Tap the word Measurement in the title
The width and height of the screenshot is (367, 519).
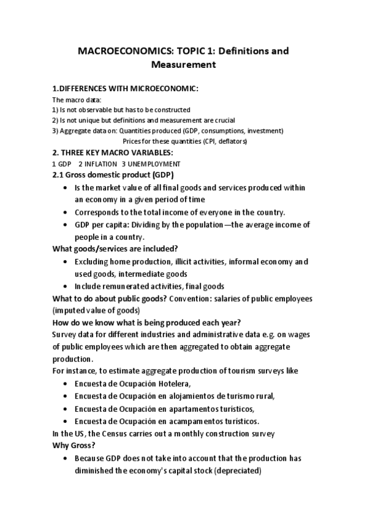(183, 64)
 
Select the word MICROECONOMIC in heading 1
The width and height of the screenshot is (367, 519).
(166, 89)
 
